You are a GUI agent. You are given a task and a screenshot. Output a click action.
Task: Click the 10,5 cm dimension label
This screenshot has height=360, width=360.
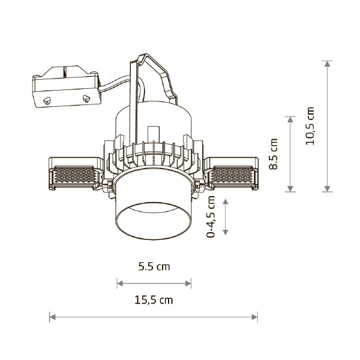(x=310, y=126)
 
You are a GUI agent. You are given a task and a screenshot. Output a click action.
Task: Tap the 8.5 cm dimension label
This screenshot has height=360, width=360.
(x=273, y=154)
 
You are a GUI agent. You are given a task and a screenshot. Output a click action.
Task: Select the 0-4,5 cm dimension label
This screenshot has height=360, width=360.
(x=211, y=217)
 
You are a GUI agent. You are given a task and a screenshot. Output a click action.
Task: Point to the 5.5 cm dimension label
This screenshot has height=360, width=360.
(x=154, y=266)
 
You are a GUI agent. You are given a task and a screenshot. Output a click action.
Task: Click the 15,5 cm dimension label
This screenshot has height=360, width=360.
(x=154, y=300)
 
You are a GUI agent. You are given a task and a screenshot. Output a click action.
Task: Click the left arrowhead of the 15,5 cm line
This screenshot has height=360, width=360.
(x=53, y=317)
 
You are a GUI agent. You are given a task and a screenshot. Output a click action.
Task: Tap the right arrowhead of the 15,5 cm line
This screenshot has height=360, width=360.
(x=254, y=317)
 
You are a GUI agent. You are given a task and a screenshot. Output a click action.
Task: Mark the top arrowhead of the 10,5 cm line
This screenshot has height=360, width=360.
(x=328, y=64)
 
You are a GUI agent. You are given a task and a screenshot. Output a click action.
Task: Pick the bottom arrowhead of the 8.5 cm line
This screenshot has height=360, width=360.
(x=290, y=188)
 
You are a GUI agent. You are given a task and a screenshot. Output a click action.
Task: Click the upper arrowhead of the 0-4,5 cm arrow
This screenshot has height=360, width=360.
(x=226, y=202)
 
